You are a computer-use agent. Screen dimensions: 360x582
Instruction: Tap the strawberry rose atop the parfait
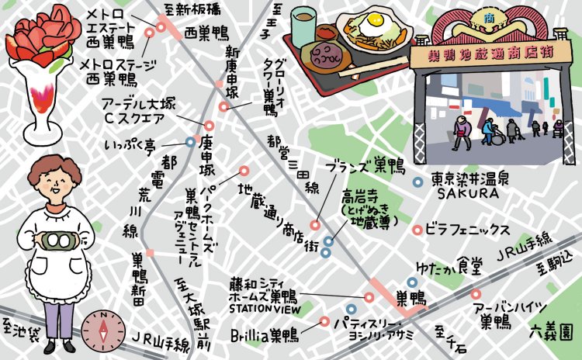[37, 36]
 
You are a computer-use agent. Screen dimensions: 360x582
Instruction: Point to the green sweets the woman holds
[56, 241]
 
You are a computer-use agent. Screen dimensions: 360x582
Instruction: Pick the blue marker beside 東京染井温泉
[417, 182]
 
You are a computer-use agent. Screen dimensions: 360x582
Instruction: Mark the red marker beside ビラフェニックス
[417, 230]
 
